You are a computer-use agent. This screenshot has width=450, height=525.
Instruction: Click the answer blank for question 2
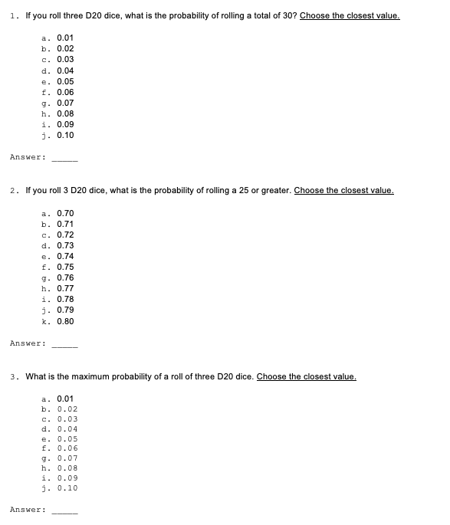(64, 343)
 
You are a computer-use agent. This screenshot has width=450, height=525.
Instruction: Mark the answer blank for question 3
(64, 510)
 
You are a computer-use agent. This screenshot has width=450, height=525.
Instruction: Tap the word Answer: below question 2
(28, 343)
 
